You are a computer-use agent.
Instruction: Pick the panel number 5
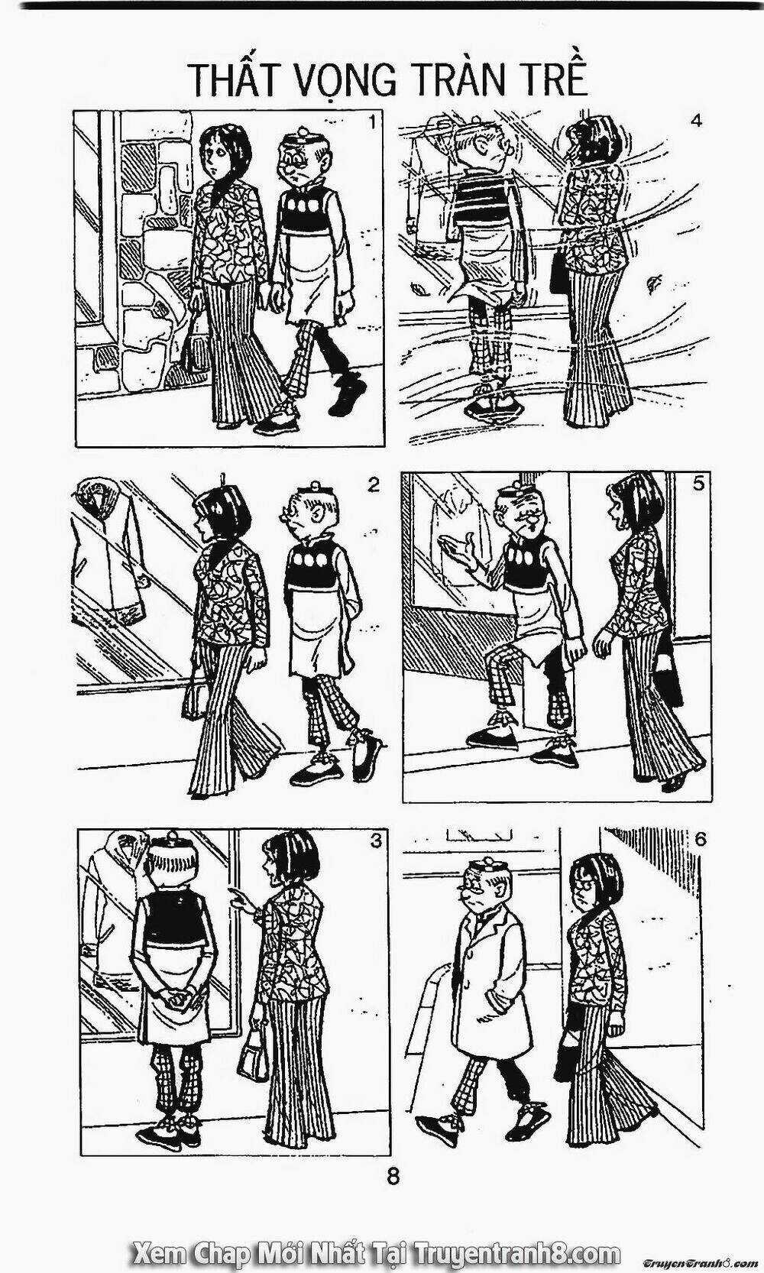[698, 484]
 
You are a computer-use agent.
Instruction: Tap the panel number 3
[375, 841]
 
